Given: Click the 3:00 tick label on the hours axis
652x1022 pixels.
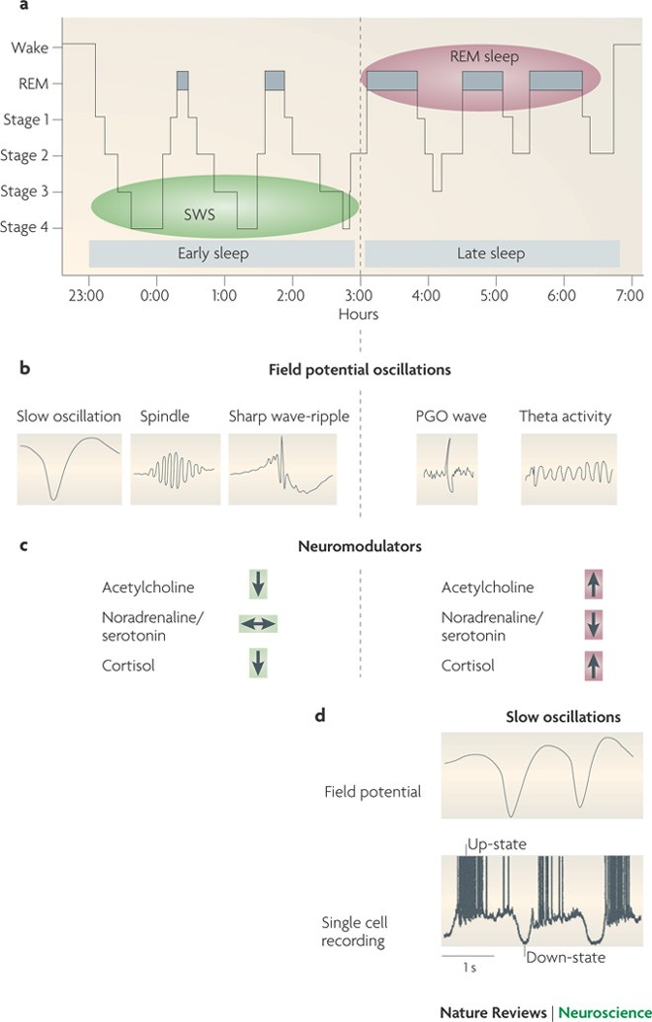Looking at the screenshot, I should point(360,294).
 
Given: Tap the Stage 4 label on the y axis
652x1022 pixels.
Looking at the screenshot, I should point(31,228).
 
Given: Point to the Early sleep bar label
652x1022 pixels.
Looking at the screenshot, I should point(212,254).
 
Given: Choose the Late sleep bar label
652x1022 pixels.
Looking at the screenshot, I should point(491,254).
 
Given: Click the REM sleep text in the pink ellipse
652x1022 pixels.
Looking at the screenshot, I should point(484,56).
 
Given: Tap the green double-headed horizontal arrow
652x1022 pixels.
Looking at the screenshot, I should point(258,624).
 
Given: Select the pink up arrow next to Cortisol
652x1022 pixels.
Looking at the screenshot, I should point(594,666).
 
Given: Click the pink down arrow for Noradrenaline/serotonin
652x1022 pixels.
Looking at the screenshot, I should point(594,624).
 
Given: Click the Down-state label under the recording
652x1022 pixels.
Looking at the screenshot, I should point(565,956).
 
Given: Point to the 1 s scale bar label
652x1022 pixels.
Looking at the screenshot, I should point(469,968).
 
